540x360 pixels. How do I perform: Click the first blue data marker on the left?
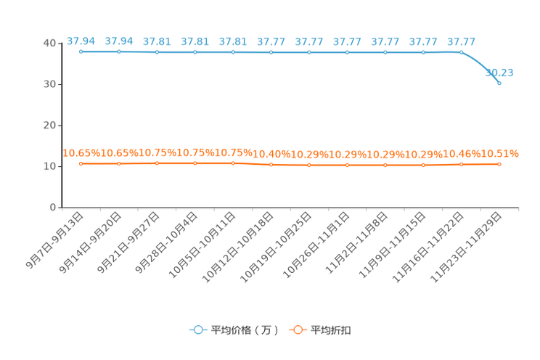pos(81,52)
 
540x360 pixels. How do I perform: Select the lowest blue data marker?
pos(499,82)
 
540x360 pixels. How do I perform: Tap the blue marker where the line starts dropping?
pos(461,52)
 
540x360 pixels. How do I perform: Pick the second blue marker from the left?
pos(119,52)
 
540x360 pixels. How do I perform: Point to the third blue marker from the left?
pos(157,52)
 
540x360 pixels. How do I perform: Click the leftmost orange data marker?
pos(81,163)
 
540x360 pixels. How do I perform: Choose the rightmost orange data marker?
pos(499,163)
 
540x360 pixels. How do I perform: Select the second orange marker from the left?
pos(119,163)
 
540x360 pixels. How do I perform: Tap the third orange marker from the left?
pos(157,163)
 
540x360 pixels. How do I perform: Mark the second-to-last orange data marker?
pos(461,164)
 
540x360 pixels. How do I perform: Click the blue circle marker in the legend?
pos(197,330)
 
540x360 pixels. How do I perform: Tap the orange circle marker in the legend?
pos(297,330)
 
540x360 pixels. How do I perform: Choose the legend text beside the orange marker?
pos(332,330)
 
